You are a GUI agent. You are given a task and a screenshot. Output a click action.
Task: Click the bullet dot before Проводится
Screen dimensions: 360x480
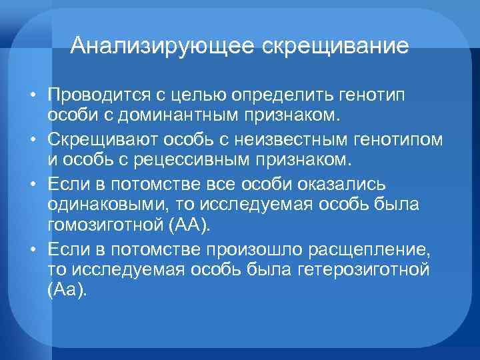point(32,97)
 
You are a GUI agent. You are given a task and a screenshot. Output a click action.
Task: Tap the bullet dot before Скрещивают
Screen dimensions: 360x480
point(32,141)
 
